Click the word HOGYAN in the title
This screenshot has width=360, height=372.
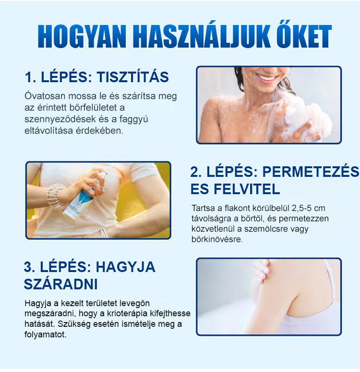pyautogui.click(x=82, y=37)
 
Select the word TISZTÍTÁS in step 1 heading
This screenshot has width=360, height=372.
pyautogui.click(x=133, y=76)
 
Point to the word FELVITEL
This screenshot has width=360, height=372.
pyautogui.click(x=247, y=189)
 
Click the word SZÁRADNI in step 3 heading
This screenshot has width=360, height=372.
pyautogui.click(x=60, y=284)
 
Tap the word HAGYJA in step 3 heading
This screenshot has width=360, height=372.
pyautogui.click(x=125, y=267)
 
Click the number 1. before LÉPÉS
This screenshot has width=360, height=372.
pyautogui.click(x=31, y=77)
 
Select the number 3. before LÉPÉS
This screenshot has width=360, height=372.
pyautogui.click(x=30, y=267)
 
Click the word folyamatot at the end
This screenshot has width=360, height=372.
pyautogui.click(x=46, y=335)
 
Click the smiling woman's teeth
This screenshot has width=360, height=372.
pyautogui.click(x=265, y=78)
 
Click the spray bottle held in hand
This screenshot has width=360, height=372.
pyautogui.click(x=85, y=198)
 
